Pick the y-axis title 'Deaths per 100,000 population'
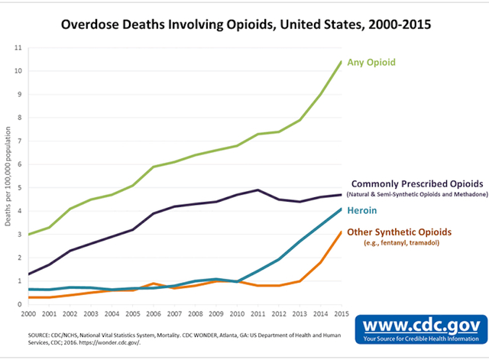[x=8, y=176]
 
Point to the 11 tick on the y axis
[x=18, y=48]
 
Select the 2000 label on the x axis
[x=29, y=314]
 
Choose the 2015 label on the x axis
[x=340, y=314]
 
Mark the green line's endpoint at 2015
[x=340, y=62]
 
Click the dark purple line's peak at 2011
[x=257, y=190]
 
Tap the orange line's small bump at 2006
[x=154, y=284]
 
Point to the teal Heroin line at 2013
[x=299, y=242]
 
